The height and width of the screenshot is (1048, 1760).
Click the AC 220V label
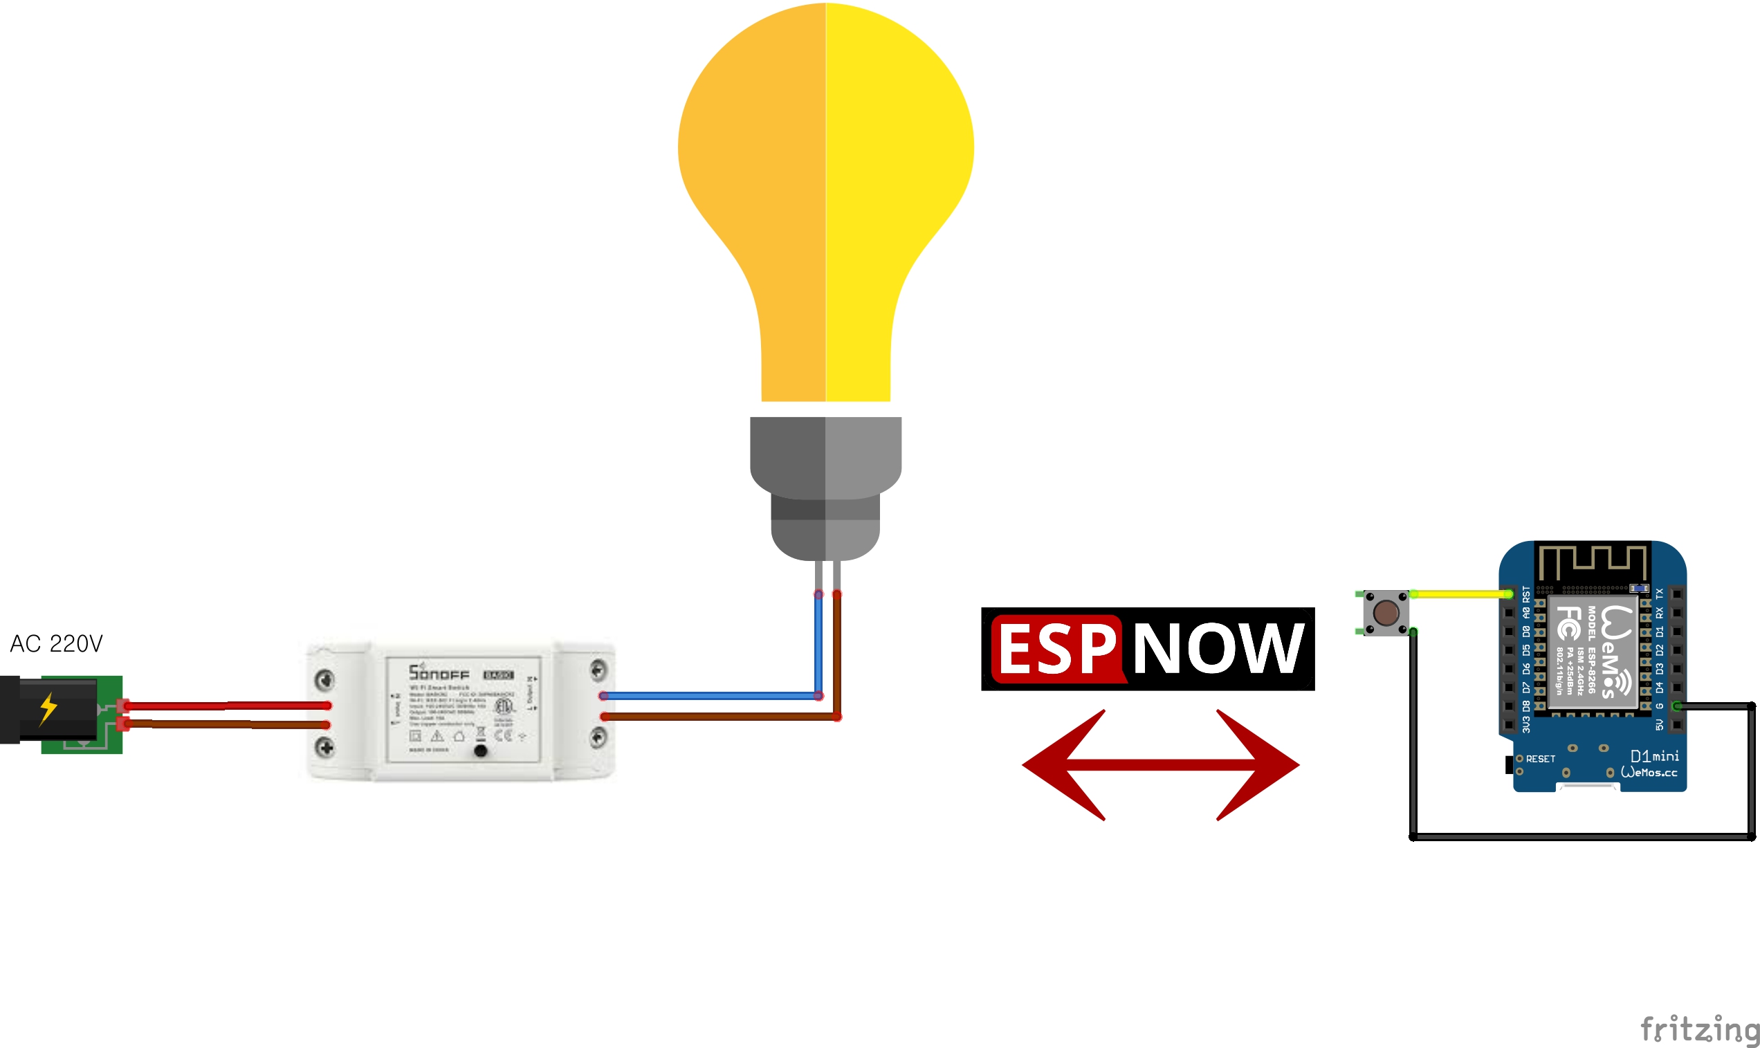pos(57,643)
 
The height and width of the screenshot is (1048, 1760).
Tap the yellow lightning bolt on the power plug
pos(48,708)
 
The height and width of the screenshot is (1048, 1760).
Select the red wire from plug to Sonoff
pos(226,705)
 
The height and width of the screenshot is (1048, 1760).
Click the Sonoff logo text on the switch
pos(439,672)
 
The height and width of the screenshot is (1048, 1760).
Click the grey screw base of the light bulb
pos(825,487)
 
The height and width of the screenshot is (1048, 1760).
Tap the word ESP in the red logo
pos(1056,649)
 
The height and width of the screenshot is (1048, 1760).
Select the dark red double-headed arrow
pos(1160,765)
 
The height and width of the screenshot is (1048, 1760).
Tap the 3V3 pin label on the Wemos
pos(1526,724)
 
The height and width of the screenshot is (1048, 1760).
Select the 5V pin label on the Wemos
pos(1659,724)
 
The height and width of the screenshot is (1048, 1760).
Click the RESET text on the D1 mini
pos(1541,759)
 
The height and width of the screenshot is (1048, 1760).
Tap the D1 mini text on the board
pos(1655,756)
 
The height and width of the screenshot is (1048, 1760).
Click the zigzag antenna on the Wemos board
pos(1593,562)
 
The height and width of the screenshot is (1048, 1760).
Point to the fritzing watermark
pos(1698,1028)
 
